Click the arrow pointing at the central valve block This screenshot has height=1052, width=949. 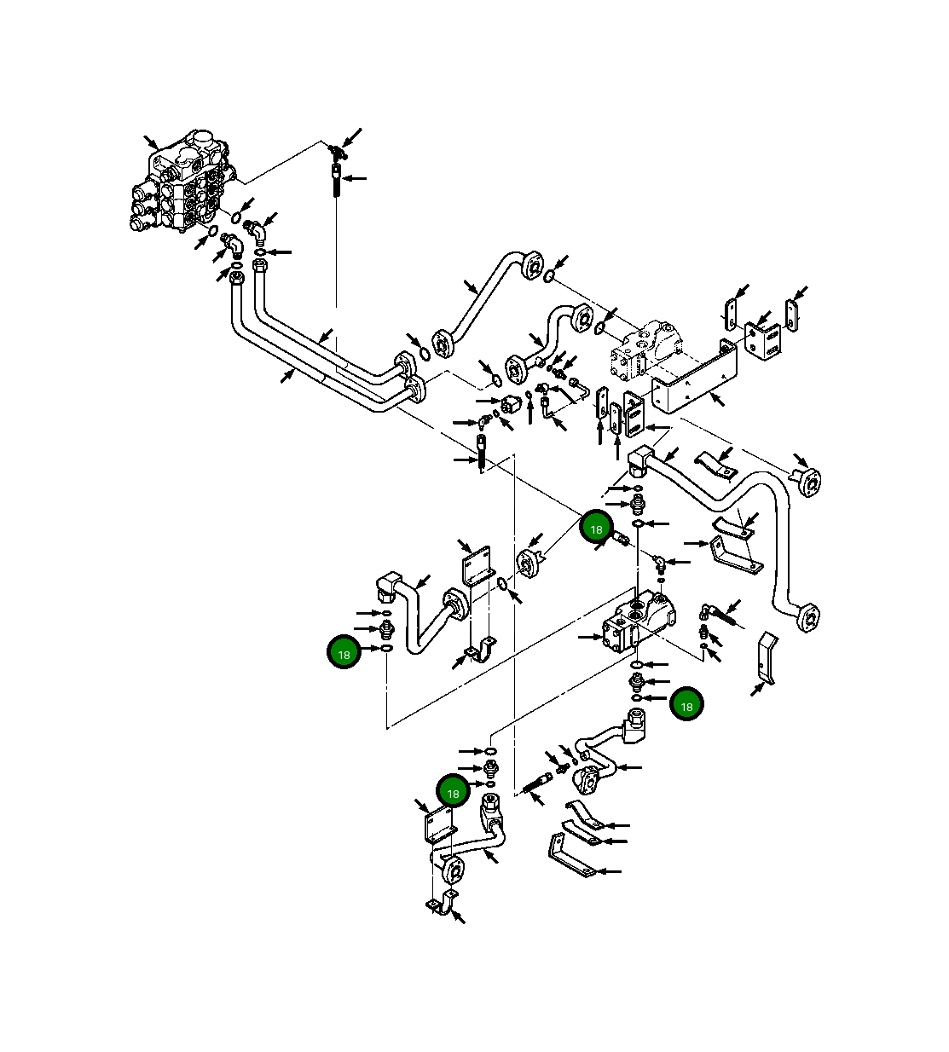[x=589, y=636]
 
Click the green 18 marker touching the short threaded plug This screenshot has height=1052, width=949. [x=596, y=529]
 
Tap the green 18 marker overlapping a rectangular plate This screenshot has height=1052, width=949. [x=453, y=792]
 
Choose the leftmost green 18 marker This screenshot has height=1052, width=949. [x=344, y=654]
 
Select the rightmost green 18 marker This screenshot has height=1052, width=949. [x=686, y=705]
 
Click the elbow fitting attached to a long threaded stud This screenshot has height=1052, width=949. [x=707, y=610]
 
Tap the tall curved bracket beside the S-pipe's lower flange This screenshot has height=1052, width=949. [x=767, y=657]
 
